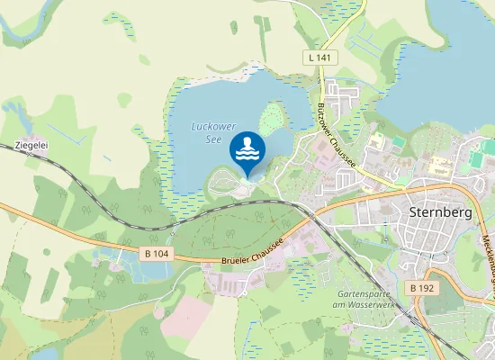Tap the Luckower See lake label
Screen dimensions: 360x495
point(206,133)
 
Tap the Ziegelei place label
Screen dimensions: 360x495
point(31,144)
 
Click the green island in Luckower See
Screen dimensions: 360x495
point(273,117)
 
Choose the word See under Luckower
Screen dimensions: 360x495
point(212,139)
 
